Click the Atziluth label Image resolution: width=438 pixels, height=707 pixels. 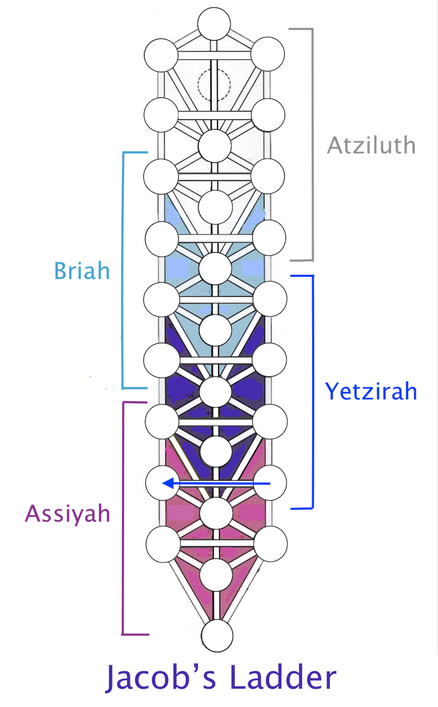(371, 145)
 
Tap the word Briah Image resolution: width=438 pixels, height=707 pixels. (82, 271)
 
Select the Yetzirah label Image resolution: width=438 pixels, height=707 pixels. (371, 391)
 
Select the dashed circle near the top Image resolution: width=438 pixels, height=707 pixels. (214, 84)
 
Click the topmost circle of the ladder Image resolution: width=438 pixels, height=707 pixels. (214, 24)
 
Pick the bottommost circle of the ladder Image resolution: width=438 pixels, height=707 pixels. (217, 636)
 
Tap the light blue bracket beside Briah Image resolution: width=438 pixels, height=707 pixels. (123, 271)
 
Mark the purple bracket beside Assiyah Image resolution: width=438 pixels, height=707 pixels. (123, 518)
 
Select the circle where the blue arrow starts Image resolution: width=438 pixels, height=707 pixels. (270, 482)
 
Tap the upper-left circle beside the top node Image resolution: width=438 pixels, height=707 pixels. (161, 55)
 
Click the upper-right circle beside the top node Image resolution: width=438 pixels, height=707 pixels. (268, 54)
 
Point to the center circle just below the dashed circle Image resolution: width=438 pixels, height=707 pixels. (215, 146)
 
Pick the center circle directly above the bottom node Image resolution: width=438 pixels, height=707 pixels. (216, 575)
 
